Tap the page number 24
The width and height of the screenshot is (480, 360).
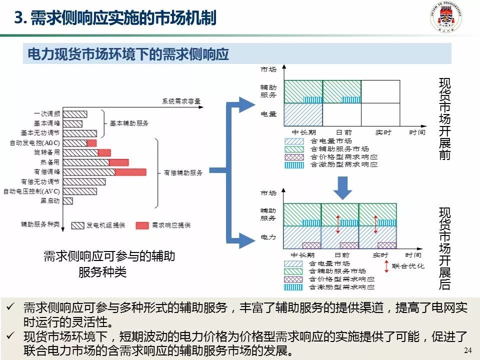pyautogui.click(x=468, y=350)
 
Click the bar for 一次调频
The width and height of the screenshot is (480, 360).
pyautogui.click(x=75, y=114)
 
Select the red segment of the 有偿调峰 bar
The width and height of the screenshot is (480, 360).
pyautogui.click(x=130, y=172)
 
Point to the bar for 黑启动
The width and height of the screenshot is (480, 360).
pyautogui.click(x=68, y=201)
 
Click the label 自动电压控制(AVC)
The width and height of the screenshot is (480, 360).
pyautogui.click(x=31, y=191)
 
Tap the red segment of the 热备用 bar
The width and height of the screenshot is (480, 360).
pyautogui.click(x=118, y=162)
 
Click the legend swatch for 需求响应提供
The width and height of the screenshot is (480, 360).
pyautogui.click(x=142, y=225)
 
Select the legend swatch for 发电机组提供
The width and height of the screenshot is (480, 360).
pyautogui.click(x=77, y=225)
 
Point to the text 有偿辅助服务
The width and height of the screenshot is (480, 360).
pyautogui.click(x=183, y=172)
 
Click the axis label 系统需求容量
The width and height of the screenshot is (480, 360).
pyautogui.click(x=181, y=101)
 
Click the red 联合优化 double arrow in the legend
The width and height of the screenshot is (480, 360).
pyautogui.click(x=386, y=266)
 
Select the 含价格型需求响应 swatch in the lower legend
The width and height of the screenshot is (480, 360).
pyautogui.click(x=293, y=279)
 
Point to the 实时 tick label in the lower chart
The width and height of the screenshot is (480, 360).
pyautogui.click(x=380, y=255)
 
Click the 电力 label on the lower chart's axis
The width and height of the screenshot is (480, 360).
pyautogui.click(x=268, y=236)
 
